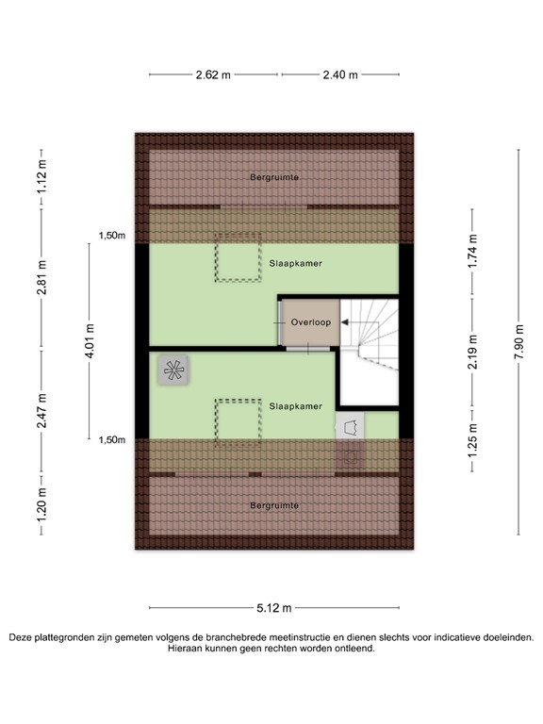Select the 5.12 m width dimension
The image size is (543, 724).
point(273,607)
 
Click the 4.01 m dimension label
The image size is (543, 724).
point(90,337)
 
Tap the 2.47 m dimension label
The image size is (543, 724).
point(41,415)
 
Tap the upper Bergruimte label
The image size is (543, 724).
point(273,177)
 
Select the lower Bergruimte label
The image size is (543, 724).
point(274,506)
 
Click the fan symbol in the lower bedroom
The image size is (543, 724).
point(173,370)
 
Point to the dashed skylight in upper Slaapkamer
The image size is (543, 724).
point(238,257)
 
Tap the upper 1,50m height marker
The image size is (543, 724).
point(112,236)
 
